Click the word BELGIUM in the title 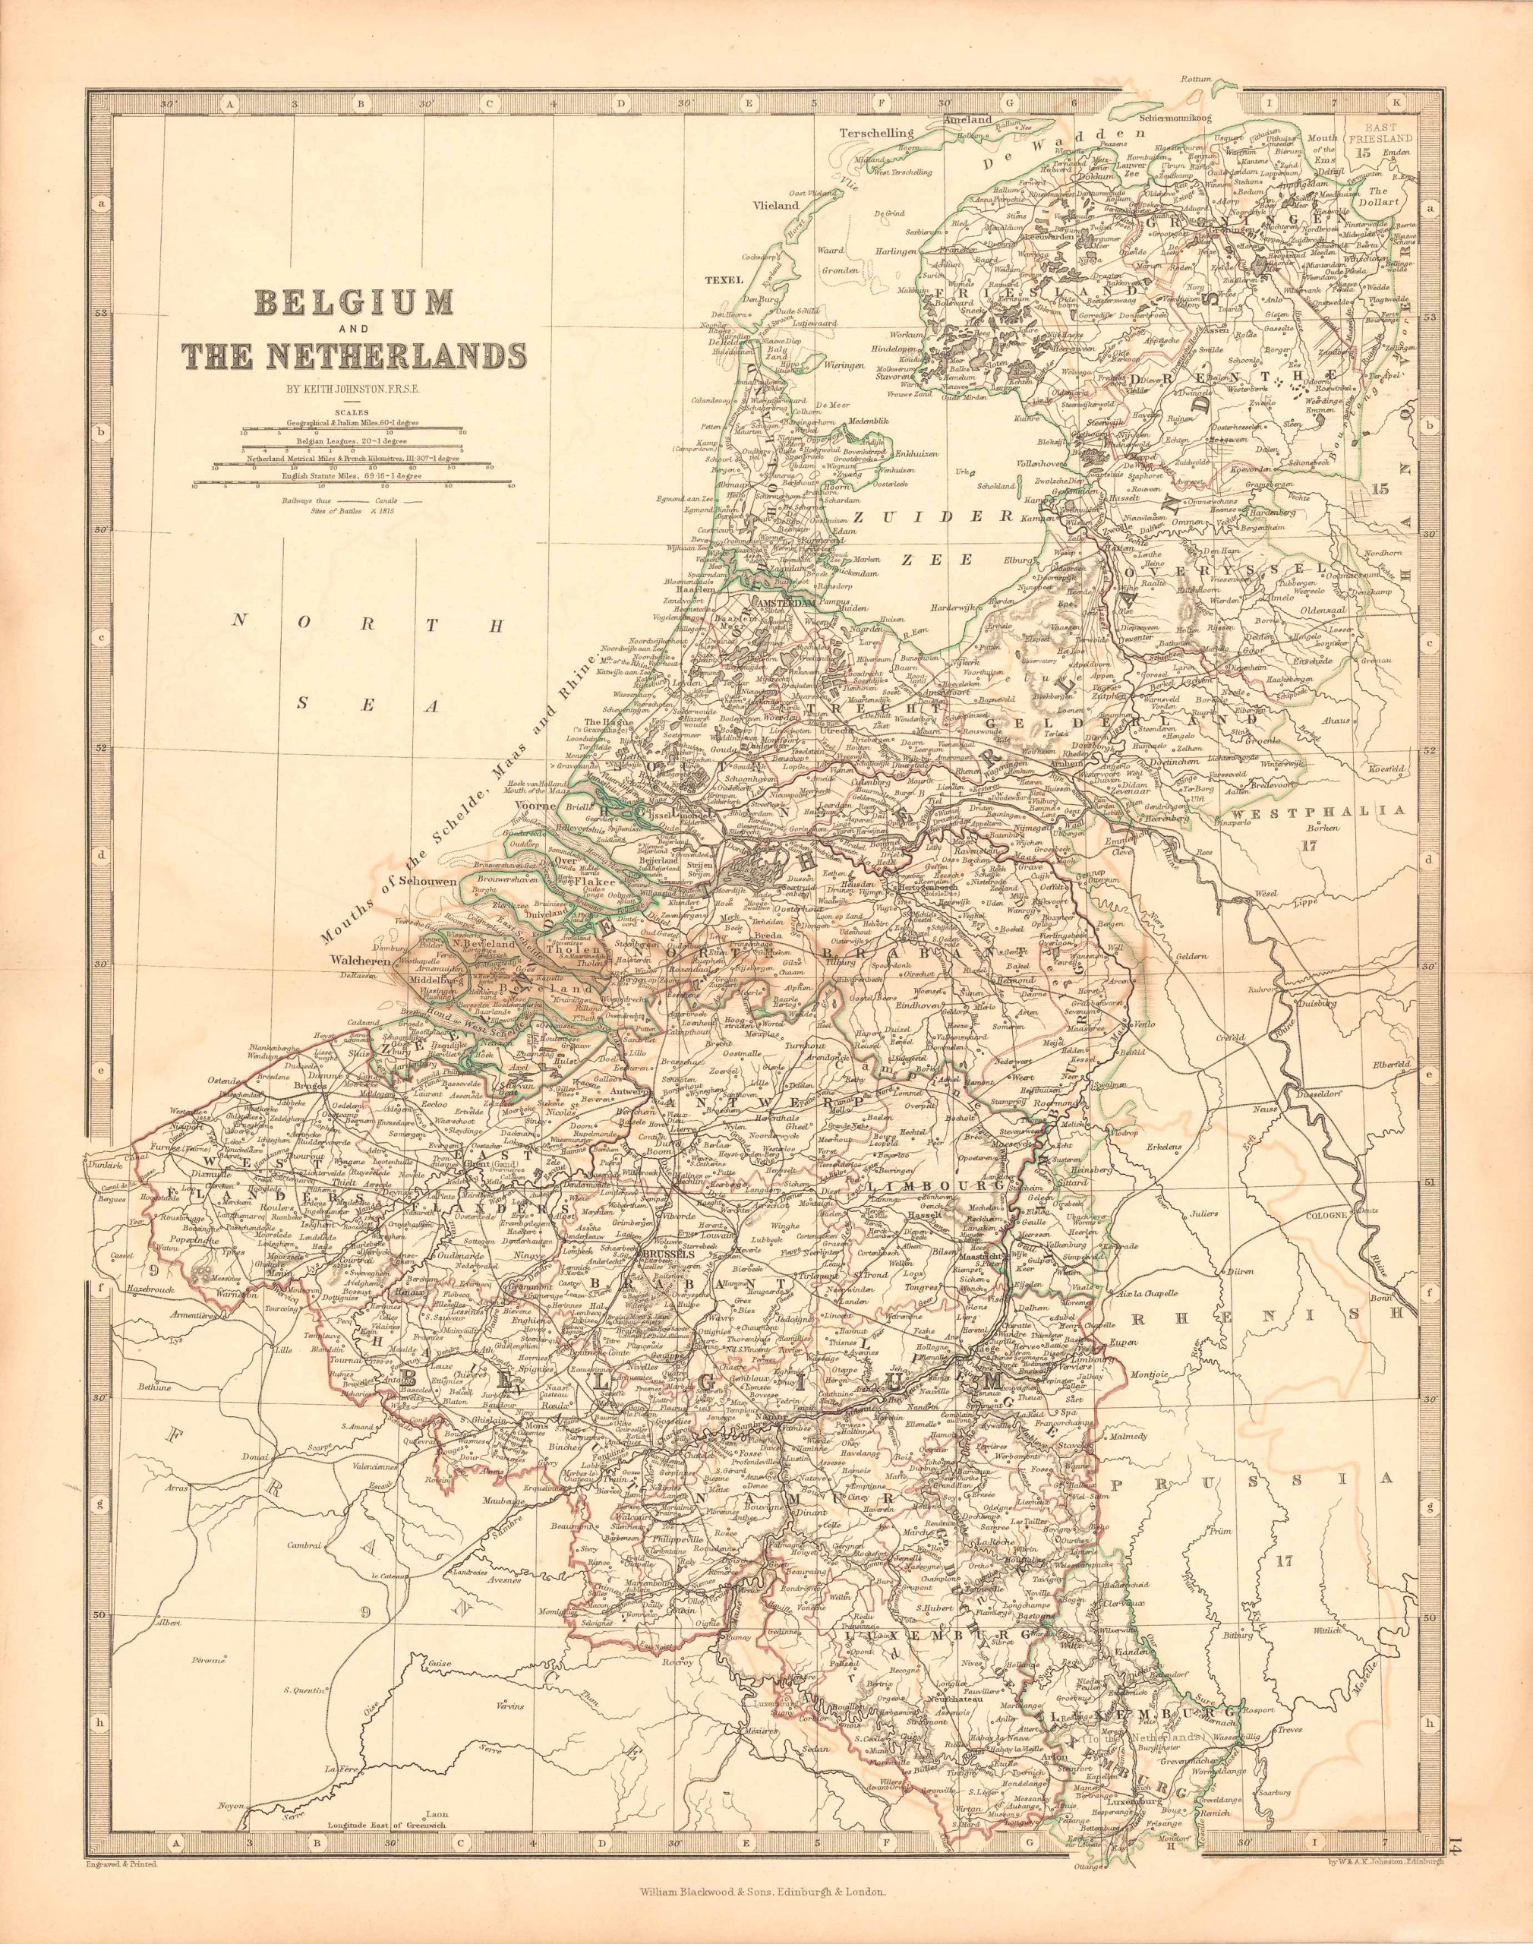coord(355,301)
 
